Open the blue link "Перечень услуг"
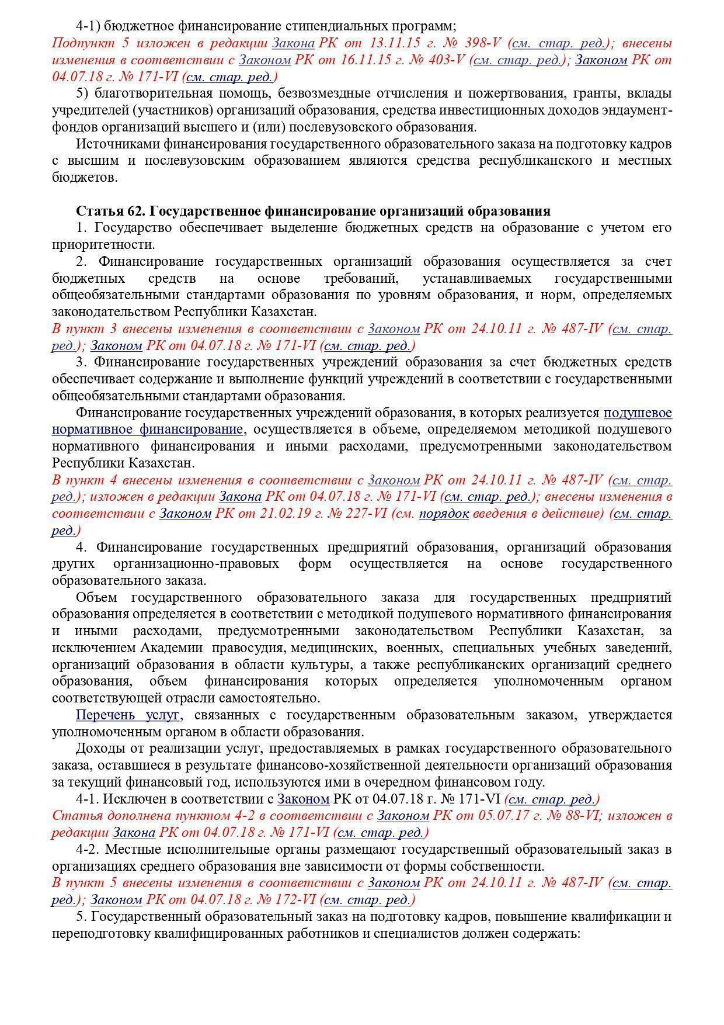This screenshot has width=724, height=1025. coord(128,715)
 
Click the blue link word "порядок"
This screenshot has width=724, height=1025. coord(444,514)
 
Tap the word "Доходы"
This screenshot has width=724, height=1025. coord(96,748)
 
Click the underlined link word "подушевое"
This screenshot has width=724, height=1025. coord(638,413)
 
